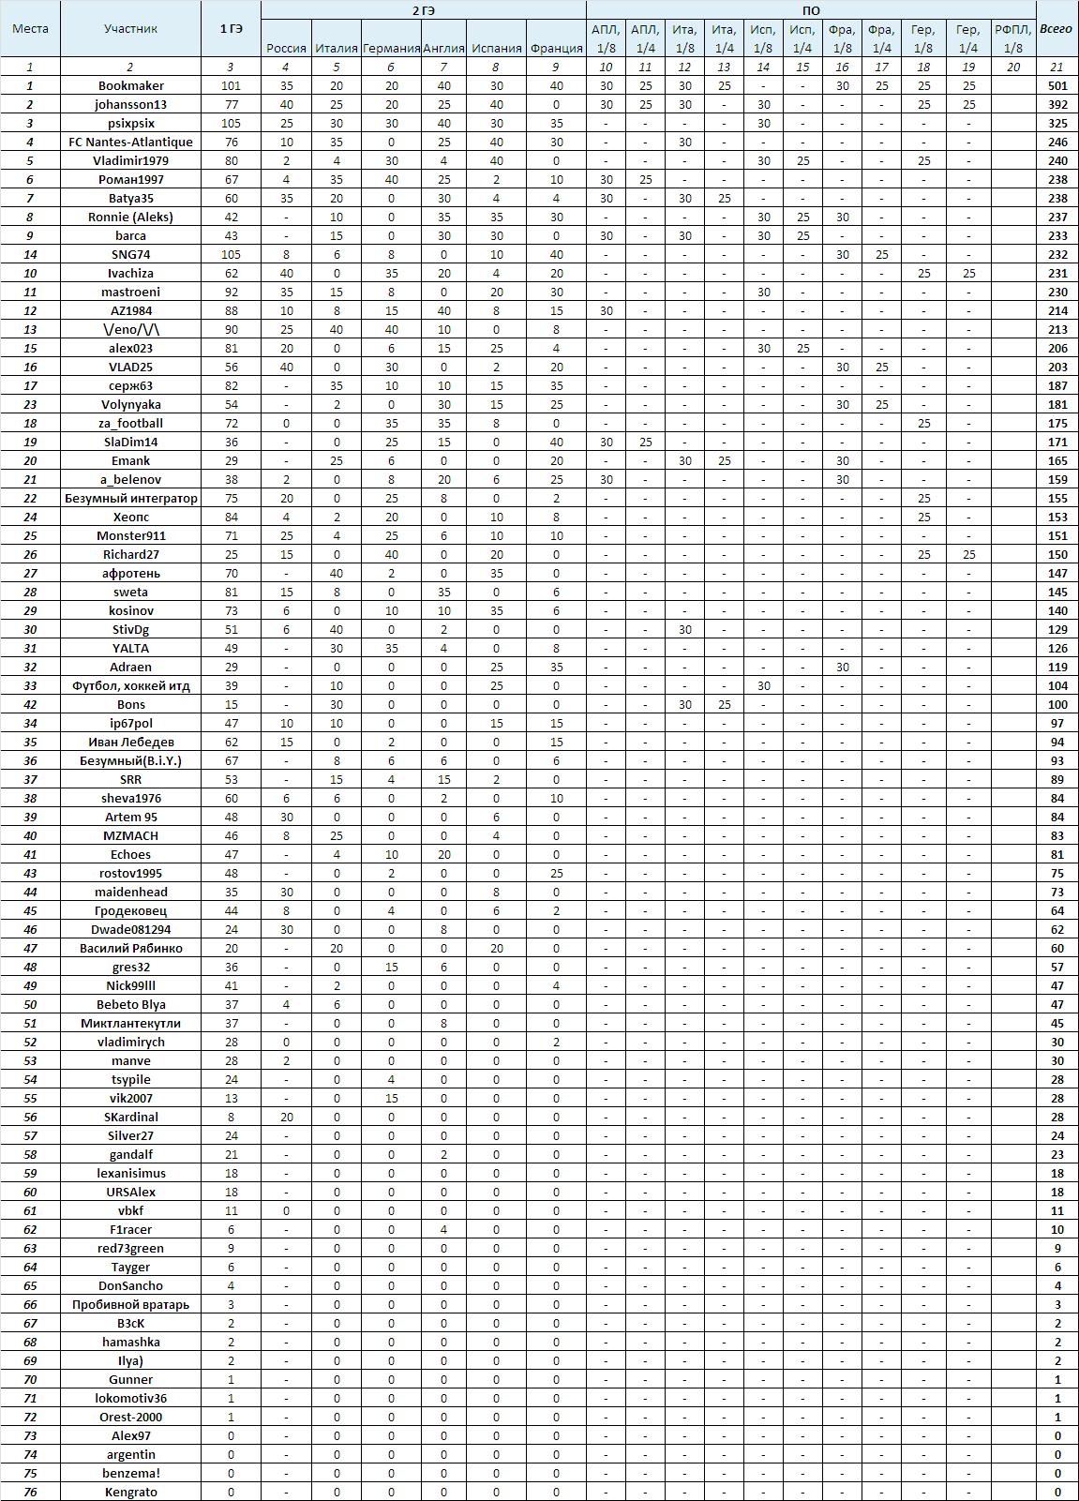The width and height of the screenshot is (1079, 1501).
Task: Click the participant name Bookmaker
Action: tap(130, 85)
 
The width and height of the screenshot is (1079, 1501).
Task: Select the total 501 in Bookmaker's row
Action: tap(1057, 85)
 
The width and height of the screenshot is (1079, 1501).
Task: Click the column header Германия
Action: tap(390, 48)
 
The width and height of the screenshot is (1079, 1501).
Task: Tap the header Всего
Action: tap(1057, 28)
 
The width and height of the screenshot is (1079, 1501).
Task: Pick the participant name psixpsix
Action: tap(130, 123)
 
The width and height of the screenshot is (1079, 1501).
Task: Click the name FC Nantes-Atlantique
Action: tap(130, 142)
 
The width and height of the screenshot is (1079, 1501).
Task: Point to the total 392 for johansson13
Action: tap(1057, 104)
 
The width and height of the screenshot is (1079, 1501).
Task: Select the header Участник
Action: tap(130, 28)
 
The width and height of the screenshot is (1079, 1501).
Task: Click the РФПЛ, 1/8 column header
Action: tap(1013, 38)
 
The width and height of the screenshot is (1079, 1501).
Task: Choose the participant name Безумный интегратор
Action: tap(130, 498)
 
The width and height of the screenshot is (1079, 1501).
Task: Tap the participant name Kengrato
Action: tap(130, 1492)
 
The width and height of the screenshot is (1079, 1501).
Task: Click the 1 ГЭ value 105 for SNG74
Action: tap(231, 254)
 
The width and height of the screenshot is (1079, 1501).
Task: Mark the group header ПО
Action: tap(811, 9)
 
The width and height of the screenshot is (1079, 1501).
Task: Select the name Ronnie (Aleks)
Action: tap(130, 217)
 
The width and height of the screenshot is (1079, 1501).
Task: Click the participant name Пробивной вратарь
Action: tap(130, 1304)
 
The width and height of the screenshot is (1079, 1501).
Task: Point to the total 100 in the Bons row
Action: tap(1057, 704)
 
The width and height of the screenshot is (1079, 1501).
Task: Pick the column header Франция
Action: tap(556, 48)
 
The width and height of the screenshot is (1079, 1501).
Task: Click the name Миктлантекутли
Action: tap(130, 1023)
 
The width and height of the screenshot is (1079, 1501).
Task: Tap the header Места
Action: tap(30, 28)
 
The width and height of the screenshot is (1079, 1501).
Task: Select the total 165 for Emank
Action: tap(1057, 460)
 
